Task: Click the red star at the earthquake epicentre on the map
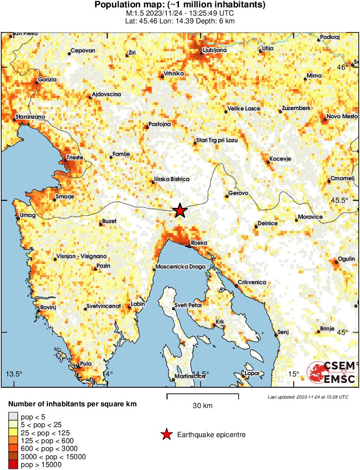180,211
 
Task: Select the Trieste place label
74,158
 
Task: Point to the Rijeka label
201,243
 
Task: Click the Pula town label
85,364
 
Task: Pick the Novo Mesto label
342,116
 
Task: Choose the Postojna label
159,124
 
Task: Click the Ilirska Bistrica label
172,179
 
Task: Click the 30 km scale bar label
202,406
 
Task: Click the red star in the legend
166,434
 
